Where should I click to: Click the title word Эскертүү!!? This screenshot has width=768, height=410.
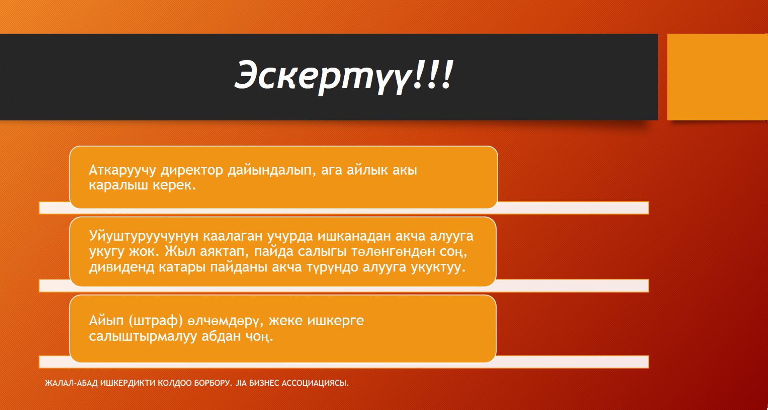tap(344, 75)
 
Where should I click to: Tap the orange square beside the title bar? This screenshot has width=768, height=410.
tap(717, 77)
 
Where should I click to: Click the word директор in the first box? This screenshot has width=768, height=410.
tap(192, 170)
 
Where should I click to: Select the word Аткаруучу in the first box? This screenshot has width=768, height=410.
tap(122, 171)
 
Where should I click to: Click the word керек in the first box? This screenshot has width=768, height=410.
tap(176, 186)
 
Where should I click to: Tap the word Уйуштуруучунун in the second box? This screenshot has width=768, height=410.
tap(144, 236)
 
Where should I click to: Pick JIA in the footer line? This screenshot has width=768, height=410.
tap(241, 383)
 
